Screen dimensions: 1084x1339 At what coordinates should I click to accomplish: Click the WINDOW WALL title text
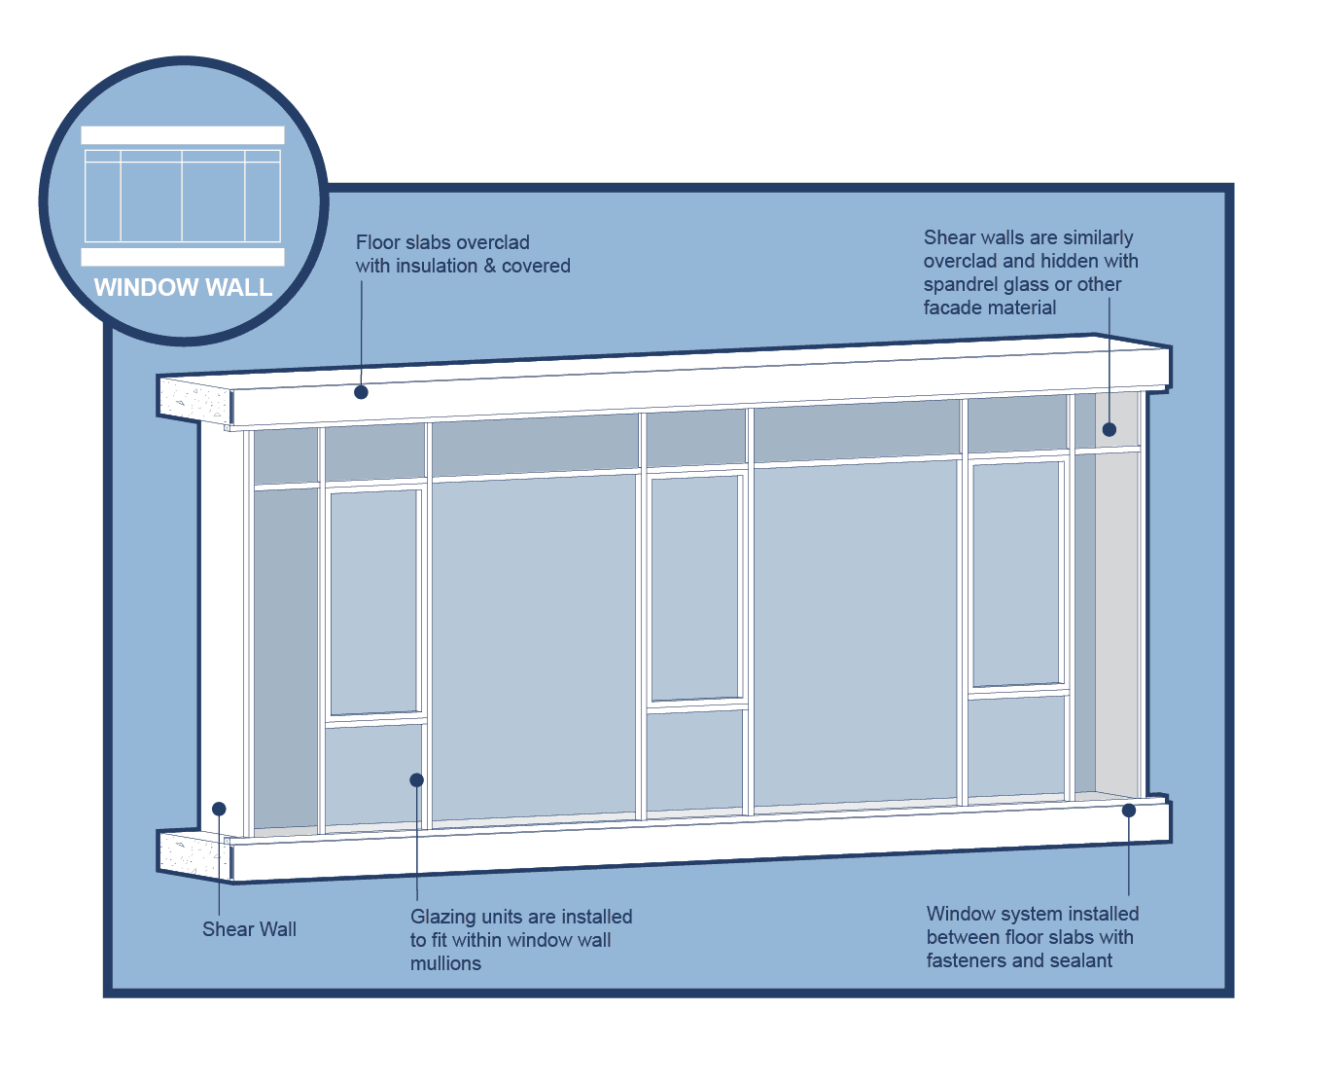183,288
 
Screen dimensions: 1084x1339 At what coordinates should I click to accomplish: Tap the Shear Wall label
249,929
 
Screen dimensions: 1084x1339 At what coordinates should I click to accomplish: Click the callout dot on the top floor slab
361,392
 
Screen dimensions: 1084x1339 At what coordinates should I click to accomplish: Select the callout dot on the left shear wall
219,809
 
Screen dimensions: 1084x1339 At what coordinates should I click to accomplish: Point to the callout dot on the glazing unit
416,779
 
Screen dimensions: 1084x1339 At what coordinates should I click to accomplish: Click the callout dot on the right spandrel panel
1109,429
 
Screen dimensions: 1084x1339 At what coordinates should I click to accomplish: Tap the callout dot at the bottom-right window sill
1129,810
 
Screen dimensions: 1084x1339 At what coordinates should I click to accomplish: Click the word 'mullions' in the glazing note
445,963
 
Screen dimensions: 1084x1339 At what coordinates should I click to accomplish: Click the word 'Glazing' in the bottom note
442,917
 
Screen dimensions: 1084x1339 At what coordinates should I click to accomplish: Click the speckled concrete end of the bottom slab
193,854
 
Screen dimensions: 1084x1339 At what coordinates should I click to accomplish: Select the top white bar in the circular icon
183,135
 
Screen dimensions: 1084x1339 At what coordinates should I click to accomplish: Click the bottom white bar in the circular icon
183,257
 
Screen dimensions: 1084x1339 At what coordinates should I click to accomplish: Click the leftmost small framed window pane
375,603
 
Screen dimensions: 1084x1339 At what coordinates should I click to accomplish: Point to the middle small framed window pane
695,587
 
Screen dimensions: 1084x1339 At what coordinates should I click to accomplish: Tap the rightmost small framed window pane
1017,574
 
